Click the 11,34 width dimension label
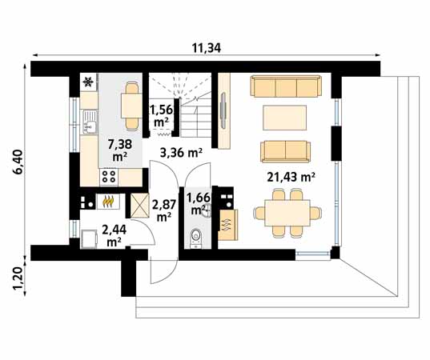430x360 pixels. click(207, 48)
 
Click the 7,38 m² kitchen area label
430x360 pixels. click(119, 150)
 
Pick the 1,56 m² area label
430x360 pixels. click(160, 116)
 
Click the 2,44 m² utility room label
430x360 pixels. click(111, 234)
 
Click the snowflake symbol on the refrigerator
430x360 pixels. click(86, 82)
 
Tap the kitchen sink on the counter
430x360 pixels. click(89, 125)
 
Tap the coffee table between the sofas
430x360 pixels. click(286, 117)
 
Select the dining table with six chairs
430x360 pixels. click(284, 213)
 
